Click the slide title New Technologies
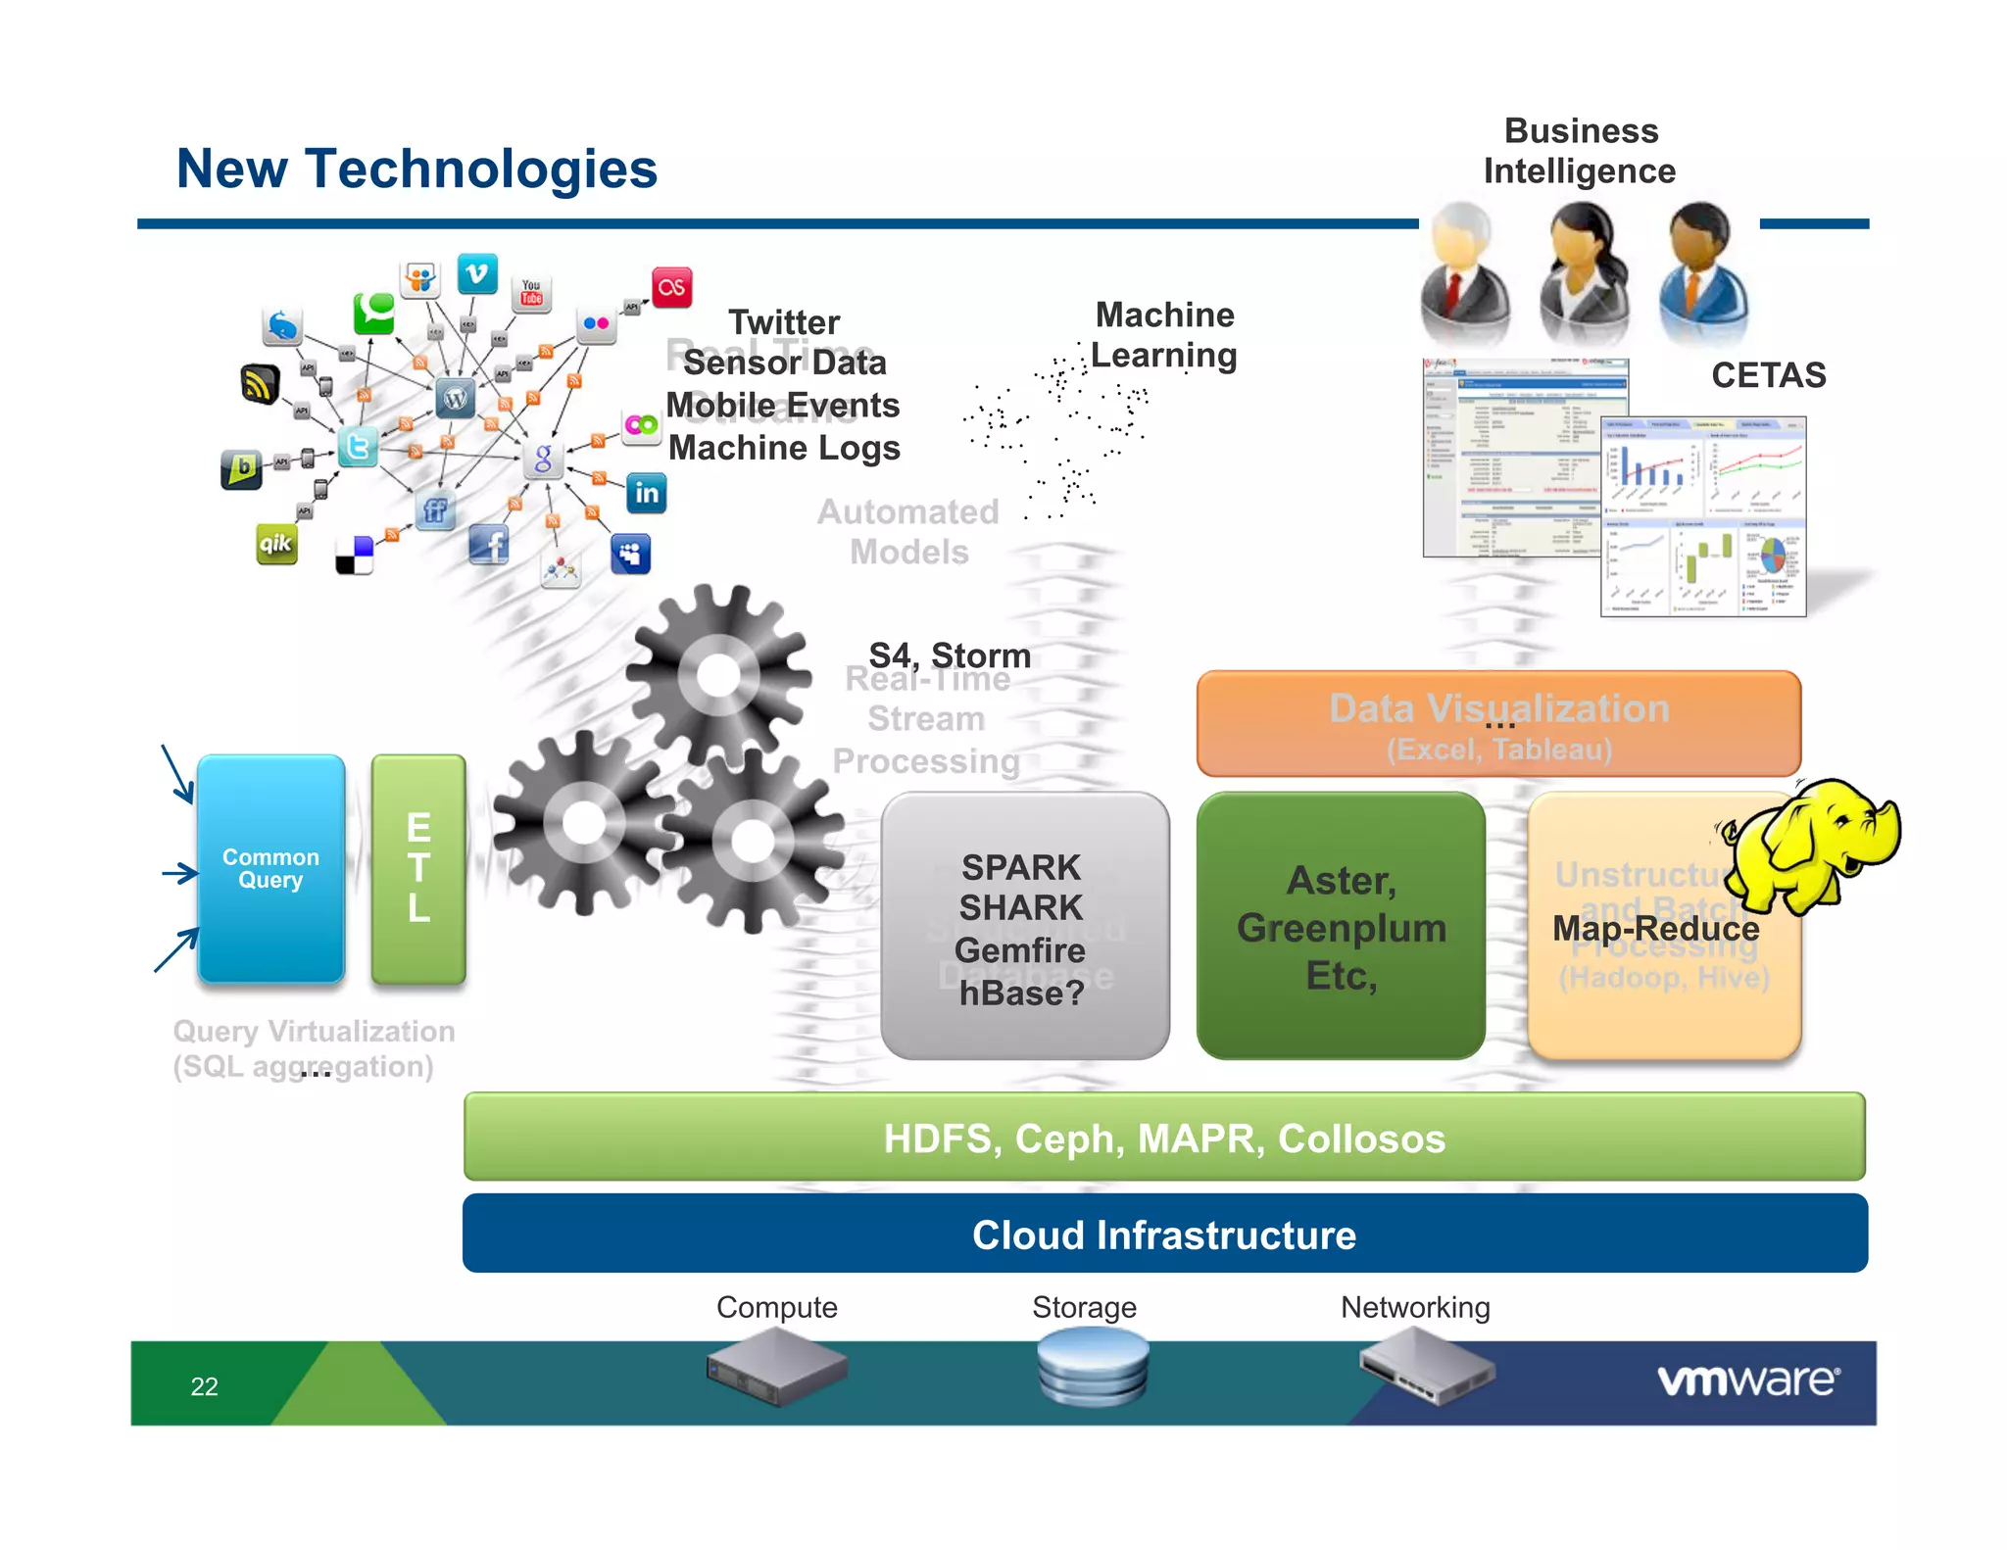pyautogui.click(x=416, y=169)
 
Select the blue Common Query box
pyautogui.click(x=270, y=868)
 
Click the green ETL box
pyautogui.click(x=418, y=868)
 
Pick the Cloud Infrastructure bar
pyautogui.click(x=1164, y=1235)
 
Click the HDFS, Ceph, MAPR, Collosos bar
pyautogui.click(x=1164, y=1138)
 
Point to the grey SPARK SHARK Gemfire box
pyautogui.click(x=1024, y=927)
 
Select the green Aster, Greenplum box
pyautogui.click(x=1341, y=927)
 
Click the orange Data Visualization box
pyautogui.click(x=1498, y=724)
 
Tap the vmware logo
pyautogui.click(x=1748, y=1380)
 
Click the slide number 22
pyautogui.click(x=204, y=1386)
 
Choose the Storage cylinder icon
pyautogui.click(x=1092, y=1366)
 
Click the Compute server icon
pyautogui.click(x=776, y=1366)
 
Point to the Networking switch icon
pyautogui.click(x=1427, y=1366)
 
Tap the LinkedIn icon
pyautogui.click(x=647, y=493)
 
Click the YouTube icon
pyautogui.click(x=531, y=292)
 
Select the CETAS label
pyautogui.click(x=1768, y=375)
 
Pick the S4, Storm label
pyautogui.click(x=950, y=654)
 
